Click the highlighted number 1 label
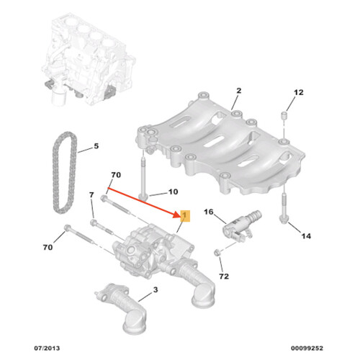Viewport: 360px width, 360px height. [x=184, y=216]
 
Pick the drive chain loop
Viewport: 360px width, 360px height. [x=60, y=169]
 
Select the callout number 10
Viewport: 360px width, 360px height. [x=172, y=192]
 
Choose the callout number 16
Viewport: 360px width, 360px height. [x=209, y=212]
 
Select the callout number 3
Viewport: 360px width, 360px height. [x=153, y=291]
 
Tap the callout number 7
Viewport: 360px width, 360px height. [x=91, y=196]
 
